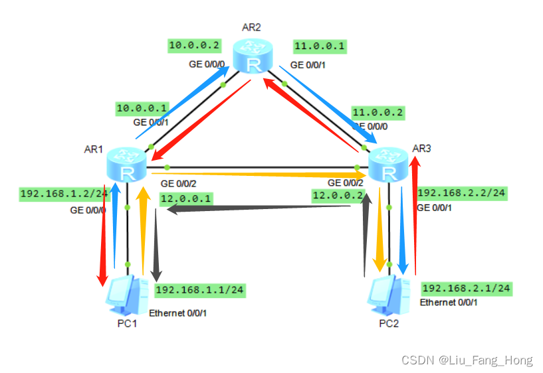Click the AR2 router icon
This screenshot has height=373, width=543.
coord(253,55)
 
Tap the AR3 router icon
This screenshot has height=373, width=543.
coord(388,163)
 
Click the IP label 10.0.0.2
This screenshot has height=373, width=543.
coord(193,46)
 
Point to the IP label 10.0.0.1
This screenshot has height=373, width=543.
coord(142,108)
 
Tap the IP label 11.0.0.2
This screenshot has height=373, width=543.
coord(378,112)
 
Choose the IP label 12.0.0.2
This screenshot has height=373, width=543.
coord(339,195)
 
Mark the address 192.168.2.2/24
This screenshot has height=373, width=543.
coord(462,193)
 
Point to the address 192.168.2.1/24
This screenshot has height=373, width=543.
coord(467,288)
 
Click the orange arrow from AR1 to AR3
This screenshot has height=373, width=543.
coord(259,176)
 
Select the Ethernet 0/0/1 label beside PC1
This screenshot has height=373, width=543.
coord(178,313)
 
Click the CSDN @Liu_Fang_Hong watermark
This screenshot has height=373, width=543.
coord(467,360)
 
